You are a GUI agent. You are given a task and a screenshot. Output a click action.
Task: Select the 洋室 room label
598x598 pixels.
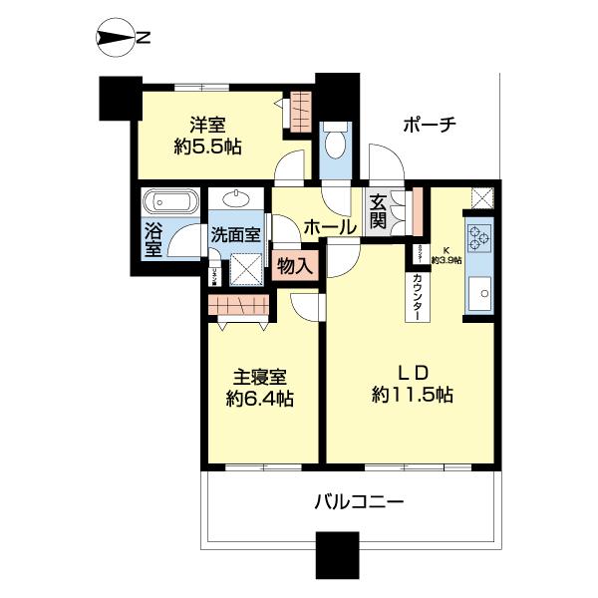[209, 126]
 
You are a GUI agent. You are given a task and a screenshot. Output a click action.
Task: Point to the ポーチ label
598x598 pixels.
[430, 126]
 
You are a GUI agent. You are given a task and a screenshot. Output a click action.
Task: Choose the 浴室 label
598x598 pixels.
[153, 239]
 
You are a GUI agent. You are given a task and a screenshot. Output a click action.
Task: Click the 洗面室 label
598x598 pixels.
[235, 235]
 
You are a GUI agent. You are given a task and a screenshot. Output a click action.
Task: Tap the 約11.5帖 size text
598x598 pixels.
[413, 395]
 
